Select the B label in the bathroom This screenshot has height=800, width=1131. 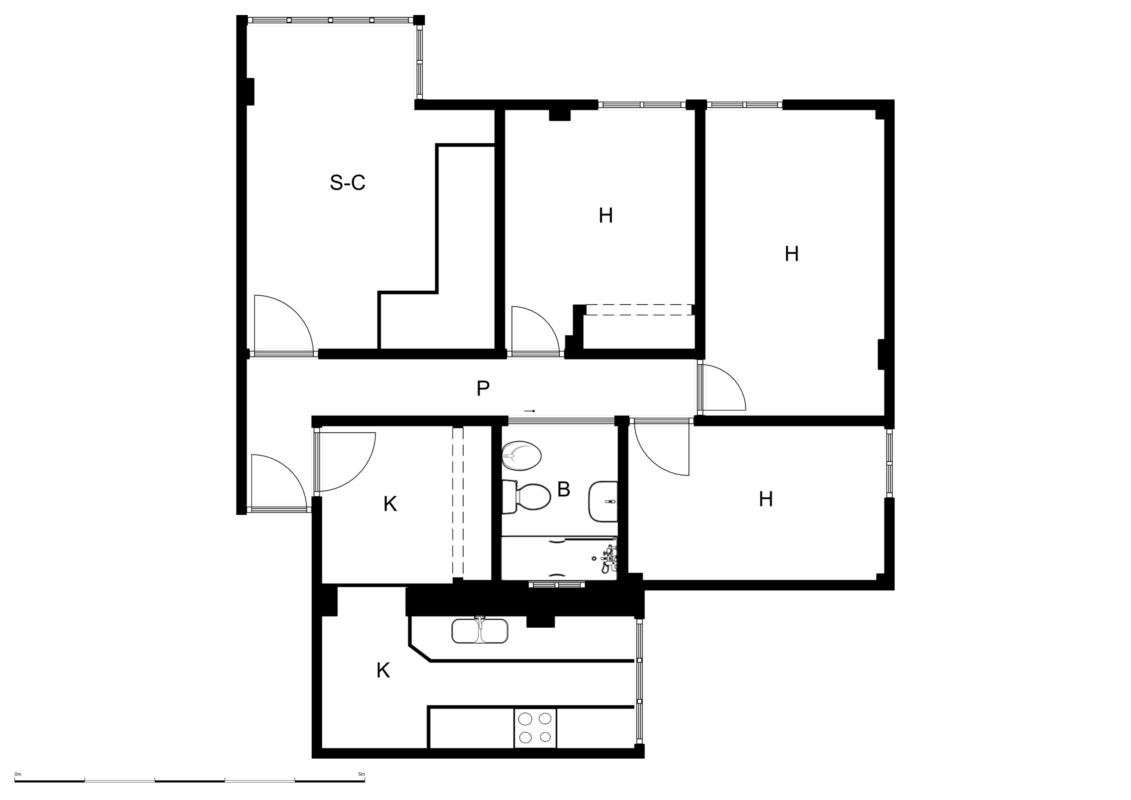pyautogui.click(x=563, y=489)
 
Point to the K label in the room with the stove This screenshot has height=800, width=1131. pyautogui.click(x=383, y=670)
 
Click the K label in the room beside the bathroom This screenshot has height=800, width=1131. pyautogui.click(x=390, y=504)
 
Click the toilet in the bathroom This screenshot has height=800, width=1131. pyautogui.click(x=526, y=497)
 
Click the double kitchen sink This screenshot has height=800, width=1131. pyautogui.click(x=480, y=631)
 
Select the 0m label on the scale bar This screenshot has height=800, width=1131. pyautogui.click(x=18, y=774)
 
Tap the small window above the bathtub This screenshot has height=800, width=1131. pyautogui.click(x=557, y=585)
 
